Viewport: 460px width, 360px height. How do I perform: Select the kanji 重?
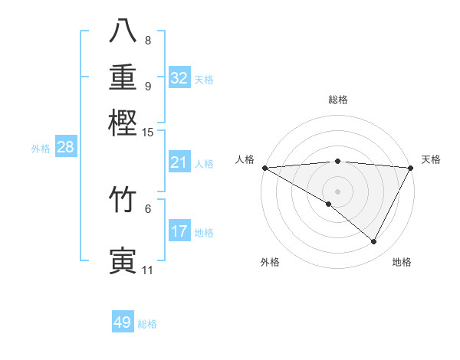tap(123, 77)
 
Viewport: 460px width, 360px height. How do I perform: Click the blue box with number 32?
tap(179, 77)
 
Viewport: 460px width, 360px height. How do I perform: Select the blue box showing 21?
tap(179, 162)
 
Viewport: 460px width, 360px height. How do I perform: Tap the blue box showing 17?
tap(179, 231)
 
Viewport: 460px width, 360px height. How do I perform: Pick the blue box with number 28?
tap(65, 148)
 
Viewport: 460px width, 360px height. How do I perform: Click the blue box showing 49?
tap(123, 322)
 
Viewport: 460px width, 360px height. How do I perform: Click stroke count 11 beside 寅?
tap(147, 270)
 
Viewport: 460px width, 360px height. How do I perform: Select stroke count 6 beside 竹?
tap(148, 208)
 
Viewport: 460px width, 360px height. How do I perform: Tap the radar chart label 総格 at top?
tap(337, 100)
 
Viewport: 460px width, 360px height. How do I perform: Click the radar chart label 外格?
tap(270, 263)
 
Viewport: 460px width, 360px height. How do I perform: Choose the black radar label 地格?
tap(402, 263)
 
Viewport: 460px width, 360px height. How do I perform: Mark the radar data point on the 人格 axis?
tap(264, 168)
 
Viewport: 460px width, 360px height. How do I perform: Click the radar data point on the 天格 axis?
tap(411, 168)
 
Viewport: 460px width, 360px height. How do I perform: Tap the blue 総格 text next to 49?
tap(147, 324)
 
